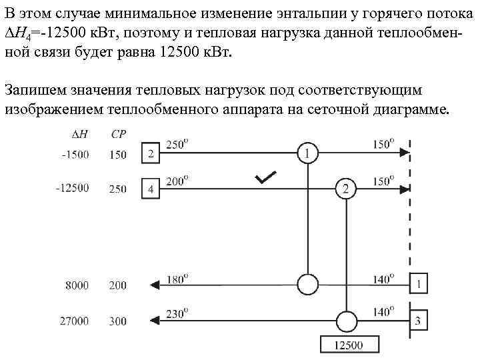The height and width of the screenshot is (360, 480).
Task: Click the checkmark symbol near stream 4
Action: pyautogui.click(x=265, y=177)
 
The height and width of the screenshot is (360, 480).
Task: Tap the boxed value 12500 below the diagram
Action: pyautogui.click(x=349, y=345)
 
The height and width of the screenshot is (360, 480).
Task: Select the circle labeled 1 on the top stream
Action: pyautogui.click(x=307, y=154)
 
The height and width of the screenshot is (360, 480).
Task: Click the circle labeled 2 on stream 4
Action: pyautogui.click(x=345, y=189)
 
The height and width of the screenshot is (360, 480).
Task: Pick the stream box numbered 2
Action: pyautogui.click(x=151, y=154)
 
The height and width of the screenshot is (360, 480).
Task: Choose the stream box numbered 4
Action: pyautogui.click(x=151, y=189)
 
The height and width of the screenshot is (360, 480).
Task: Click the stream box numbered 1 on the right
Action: pyautogui.click(x=418, y=285)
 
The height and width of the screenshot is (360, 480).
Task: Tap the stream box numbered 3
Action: pyautogui.click(x=418, y=321)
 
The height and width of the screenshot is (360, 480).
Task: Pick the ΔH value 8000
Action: pyautogui.click(x=77, y=285)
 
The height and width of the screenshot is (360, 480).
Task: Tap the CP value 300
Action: pyautogui.click(x=117, y=321)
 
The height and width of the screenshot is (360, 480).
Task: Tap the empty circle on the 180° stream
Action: pyautogui.click(x=307, y=285)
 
